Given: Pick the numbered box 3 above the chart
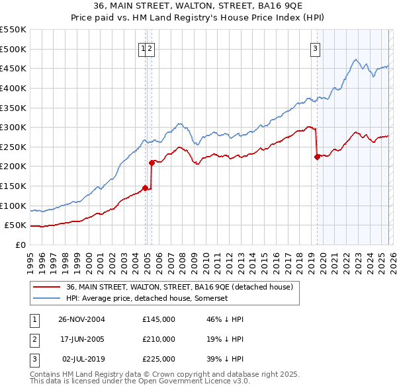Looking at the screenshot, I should point(315,48).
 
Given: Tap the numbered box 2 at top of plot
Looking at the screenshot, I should point(150,48).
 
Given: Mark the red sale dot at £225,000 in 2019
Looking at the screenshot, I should point(317,157).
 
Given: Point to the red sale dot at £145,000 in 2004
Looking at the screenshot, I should point(145,188).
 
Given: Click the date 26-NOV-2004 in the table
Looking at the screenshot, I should point(81,319).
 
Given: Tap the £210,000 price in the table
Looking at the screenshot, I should point(159,339).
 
